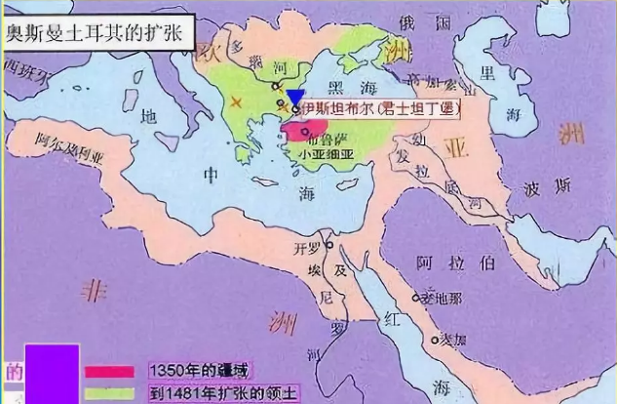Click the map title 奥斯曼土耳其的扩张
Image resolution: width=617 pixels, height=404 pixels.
[97, 20]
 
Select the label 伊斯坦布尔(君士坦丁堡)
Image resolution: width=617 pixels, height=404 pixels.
[380, 109]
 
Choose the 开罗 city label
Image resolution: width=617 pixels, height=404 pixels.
[308, 245]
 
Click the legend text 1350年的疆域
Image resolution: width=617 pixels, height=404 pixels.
[199, 370]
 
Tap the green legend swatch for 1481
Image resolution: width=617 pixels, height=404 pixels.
[109, 392]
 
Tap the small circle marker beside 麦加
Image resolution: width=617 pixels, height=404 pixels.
[433, 341]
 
